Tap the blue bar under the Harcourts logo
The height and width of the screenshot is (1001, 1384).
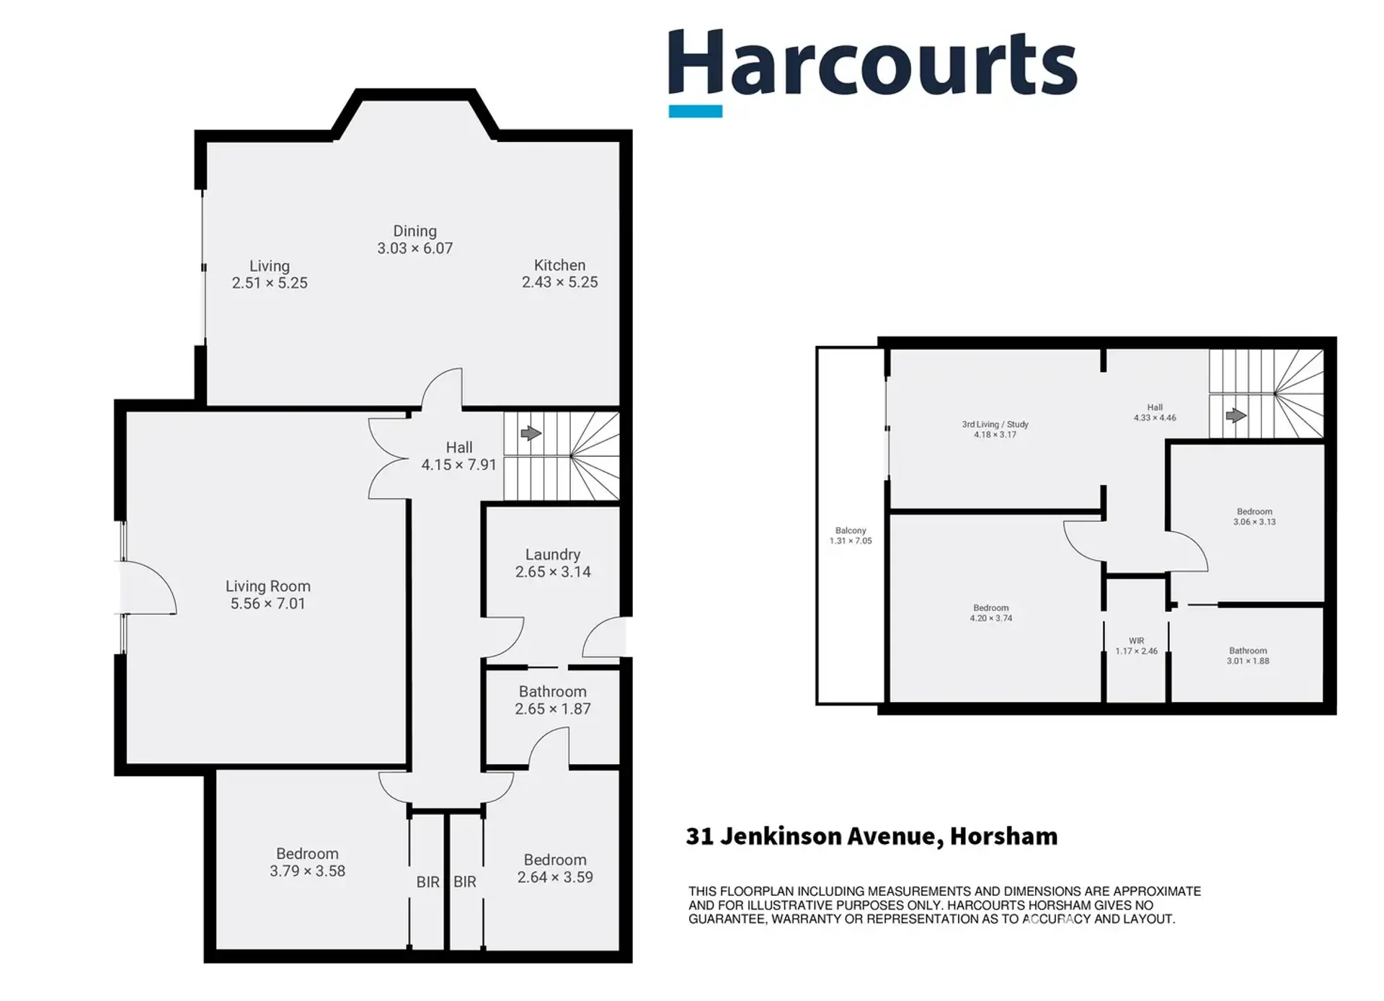[696, 111]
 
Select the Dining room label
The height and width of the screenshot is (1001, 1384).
[414, 231]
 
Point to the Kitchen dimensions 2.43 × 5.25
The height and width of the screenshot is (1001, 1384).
[560, 282]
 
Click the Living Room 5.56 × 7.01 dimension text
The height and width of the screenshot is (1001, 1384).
[268, 604]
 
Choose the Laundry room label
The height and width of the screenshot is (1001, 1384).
[553, 555]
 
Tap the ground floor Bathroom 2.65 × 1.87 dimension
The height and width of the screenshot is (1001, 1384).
[553, 709]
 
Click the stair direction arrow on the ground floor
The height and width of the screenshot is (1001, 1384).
[531, 433]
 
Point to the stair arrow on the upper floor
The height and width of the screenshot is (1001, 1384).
[1236, 415]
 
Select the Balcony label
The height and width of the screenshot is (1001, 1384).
[851, 530]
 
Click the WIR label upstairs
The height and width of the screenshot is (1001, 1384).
[1137, 641]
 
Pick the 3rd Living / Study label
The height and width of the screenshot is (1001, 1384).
[995, 424]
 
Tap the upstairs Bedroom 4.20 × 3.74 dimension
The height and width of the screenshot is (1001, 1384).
[991, 618]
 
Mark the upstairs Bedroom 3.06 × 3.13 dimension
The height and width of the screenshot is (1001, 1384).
[1254, 522]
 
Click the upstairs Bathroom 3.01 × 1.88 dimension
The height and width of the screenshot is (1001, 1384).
[1248, 661]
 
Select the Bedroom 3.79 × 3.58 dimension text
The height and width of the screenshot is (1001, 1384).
[308, 871]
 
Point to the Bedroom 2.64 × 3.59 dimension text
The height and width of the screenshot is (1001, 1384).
[555, 878]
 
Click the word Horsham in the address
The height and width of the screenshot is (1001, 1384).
[1003, 836]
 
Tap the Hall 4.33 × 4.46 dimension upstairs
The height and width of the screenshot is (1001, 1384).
[1155, 418]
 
